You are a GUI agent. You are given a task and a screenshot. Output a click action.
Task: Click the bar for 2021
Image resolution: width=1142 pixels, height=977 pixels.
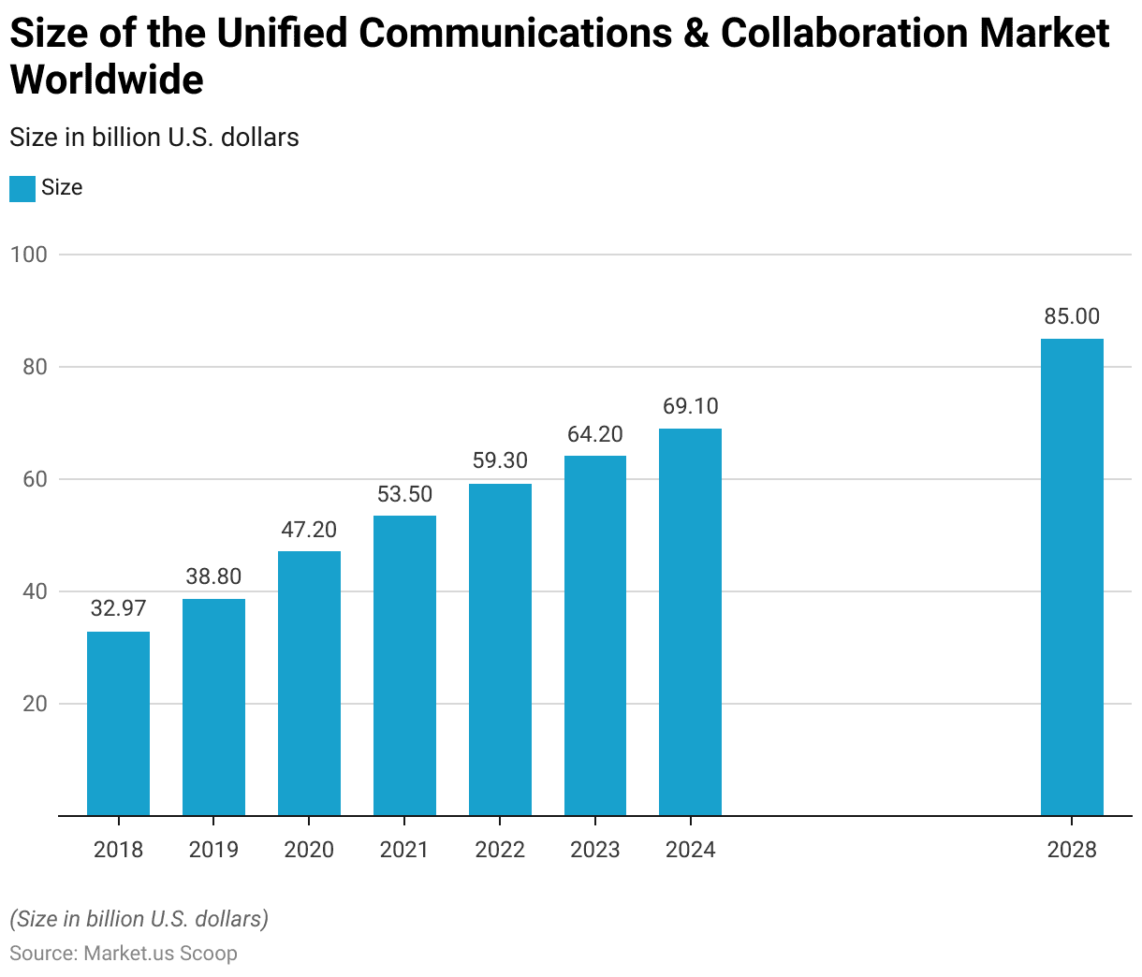404,665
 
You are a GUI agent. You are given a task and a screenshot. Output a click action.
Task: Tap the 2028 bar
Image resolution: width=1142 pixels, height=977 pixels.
1072,576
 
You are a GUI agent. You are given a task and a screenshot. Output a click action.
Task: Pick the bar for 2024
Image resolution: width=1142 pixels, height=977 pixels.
690,621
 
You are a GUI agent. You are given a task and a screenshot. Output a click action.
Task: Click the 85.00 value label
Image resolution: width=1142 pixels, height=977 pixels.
1072,316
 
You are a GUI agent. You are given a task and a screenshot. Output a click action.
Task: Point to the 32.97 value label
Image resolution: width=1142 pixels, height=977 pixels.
118,608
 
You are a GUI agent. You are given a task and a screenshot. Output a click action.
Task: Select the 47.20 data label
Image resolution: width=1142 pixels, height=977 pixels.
309,530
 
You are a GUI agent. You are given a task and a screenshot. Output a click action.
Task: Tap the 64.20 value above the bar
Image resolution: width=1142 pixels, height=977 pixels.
594,434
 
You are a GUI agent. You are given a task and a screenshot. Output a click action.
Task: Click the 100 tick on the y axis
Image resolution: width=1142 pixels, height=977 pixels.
28,255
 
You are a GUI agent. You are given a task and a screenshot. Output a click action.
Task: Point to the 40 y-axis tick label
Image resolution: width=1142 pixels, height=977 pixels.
35,591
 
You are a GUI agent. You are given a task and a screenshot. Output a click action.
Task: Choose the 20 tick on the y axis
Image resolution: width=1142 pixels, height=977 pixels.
35,704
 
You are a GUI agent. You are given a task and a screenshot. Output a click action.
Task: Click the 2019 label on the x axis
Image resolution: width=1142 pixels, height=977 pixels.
213,850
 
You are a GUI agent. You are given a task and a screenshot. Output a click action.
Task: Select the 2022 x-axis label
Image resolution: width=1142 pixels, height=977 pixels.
500,850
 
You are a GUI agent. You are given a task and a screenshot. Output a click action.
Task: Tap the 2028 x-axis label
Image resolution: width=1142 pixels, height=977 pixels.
1072,850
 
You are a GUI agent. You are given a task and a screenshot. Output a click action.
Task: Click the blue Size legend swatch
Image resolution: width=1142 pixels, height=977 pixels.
22,188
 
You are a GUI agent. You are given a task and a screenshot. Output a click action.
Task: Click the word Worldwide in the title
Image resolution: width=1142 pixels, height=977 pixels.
107,80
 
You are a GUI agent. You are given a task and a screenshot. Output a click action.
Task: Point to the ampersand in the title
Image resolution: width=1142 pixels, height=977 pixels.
695,34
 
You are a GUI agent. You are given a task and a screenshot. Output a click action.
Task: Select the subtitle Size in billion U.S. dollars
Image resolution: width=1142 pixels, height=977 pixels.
154,138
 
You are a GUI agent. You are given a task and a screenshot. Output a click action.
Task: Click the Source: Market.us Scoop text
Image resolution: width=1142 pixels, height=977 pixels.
124,953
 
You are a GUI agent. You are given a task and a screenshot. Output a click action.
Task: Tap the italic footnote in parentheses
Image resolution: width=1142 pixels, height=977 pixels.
139,919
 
